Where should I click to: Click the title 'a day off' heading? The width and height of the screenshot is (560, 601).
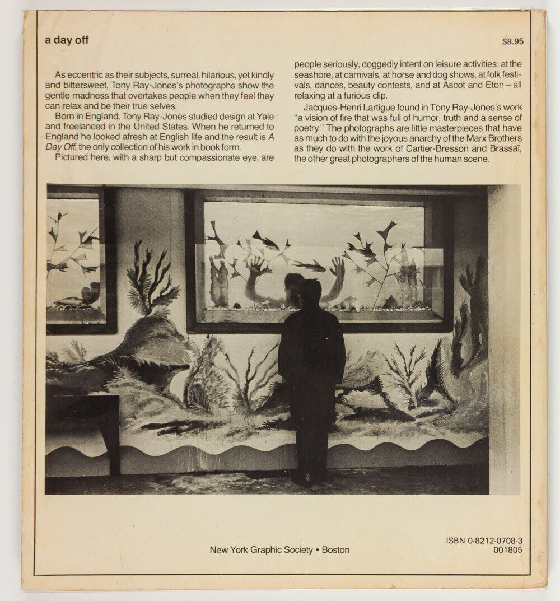click(x=67, y=40)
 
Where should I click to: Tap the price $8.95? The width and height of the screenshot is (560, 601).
click(x=512, y=41)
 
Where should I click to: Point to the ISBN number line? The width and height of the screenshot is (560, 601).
click(x=488, y=541)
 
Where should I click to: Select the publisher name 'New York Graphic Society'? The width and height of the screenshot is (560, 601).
click(x=261, y=550)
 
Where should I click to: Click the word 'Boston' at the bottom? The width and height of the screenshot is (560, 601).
click(x=335, y=550)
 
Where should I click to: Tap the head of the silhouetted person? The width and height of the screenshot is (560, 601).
click(x=310, y=291)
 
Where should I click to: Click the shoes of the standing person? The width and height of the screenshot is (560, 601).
click(x=308, y=479)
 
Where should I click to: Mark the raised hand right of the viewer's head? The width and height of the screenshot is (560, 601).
click(x=337, y=267)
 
